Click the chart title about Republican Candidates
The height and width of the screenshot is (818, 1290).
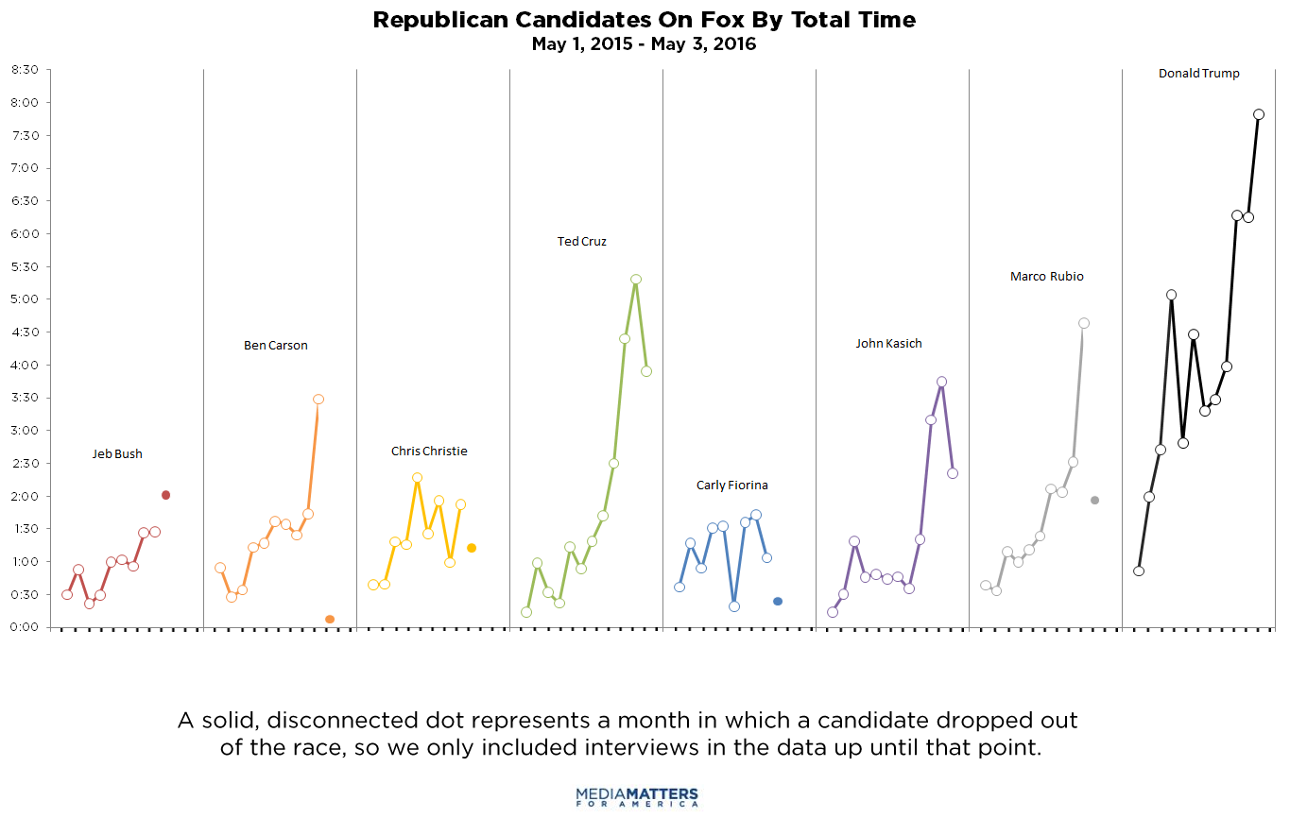tap(644, 20)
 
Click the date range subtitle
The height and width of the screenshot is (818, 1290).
tap(644, 44)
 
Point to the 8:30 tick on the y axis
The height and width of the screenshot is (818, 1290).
tap(25, 70)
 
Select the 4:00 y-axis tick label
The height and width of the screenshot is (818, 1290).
tap(25, 365)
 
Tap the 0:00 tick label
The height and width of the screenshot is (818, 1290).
tap(25, 627)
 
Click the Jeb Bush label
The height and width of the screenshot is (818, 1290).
tap(117, 454)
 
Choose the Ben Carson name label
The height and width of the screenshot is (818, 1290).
tap(276, 346)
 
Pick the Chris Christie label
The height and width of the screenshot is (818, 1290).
tap(429, 452)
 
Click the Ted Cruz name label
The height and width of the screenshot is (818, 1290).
tap(582, 242)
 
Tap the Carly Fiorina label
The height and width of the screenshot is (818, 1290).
tap(732, 486)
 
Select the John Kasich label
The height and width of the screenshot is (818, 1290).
tap(888, 344)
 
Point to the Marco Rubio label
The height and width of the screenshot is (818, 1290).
tap(1047, 277)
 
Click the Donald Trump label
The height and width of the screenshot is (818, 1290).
tap(1199, 74)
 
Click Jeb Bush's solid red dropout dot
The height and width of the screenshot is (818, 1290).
tap(165, 495)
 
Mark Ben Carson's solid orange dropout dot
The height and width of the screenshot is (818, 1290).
tap(330, 620)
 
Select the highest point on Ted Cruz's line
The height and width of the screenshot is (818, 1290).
tap(636, 280)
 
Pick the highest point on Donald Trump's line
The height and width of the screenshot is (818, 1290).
tap(1259, 114)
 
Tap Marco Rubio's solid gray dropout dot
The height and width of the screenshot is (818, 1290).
tap(1094, 501)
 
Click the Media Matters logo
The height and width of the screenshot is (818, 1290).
tap(637, 796)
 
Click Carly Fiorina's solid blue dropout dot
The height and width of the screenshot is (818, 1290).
tap(778, 602)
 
